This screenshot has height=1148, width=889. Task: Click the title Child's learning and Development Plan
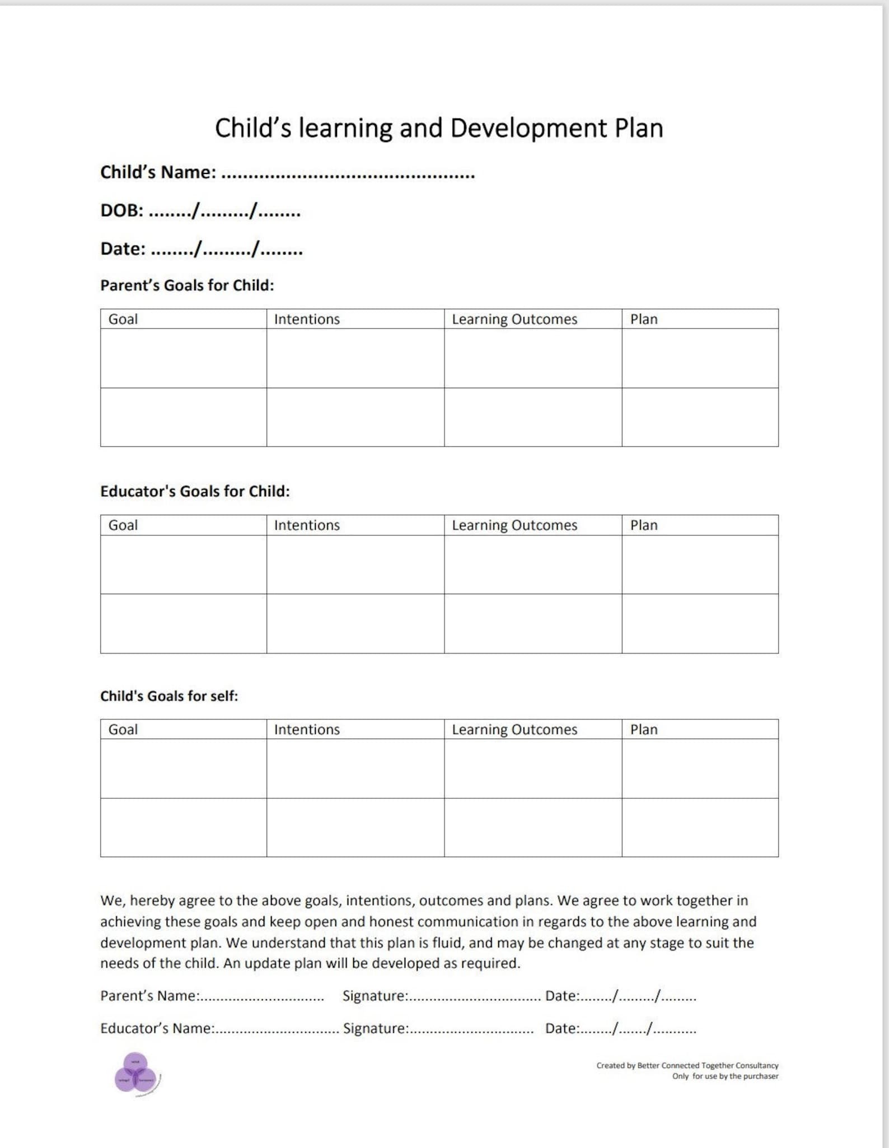pyautogui.click(x=439, y=128)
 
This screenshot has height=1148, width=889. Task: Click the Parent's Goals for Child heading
pyautogui.click(x=187, y=285)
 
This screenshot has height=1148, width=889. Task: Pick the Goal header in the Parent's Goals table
pyautogui.click(x=123, y=319)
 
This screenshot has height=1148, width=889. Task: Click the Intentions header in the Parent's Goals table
pyautogui.click(x=307, y=319)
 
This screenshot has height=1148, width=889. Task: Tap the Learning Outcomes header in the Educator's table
pyautogui.click(x=514, y=525)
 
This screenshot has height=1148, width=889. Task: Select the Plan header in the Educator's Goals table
pyautogui.click(x=644, y=525)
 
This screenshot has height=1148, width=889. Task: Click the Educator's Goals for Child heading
pyautogui.click(x=195, y=491)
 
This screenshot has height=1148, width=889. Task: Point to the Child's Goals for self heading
pyautogui.click(x=169, y=696)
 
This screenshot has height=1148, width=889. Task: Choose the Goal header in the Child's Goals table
pyautogui.click(x=123, y=730)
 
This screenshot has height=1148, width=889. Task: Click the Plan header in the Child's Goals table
pyautogui.click(x=644, y=730)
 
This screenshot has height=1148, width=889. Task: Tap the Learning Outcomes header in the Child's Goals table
pyautogui.click(x=514, y=730)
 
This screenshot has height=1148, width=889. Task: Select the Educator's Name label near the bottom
pyautogui.click(x=157, y=1028)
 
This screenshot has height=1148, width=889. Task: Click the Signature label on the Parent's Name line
pyautogui.click(x=375, y=996)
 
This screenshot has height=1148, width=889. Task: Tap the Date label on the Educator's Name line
pyautogui.click(x=562, y=1028)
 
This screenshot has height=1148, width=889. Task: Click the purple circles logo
pyautogui.click(x=136, y=1074)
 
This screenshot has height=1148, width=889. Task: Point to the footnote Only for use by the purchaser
pyautogui.click(x=725, y=1076)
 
